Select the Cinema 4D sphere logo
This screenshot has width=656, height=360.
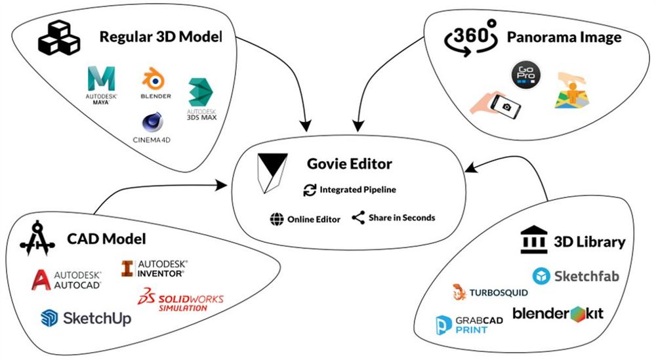pos(152,123)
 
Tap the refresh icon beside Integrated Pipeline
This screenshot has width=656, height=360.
pos(310,190)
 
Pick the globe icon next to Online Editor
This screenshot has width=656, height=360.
pos(276,219)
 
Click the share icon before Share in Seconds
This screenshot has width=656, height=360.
pos(358,218)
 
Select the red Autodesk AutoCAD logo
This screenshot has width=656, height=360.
pos(43,278)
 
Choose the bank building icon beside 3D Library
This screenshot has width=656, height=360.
pos(533,241)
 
